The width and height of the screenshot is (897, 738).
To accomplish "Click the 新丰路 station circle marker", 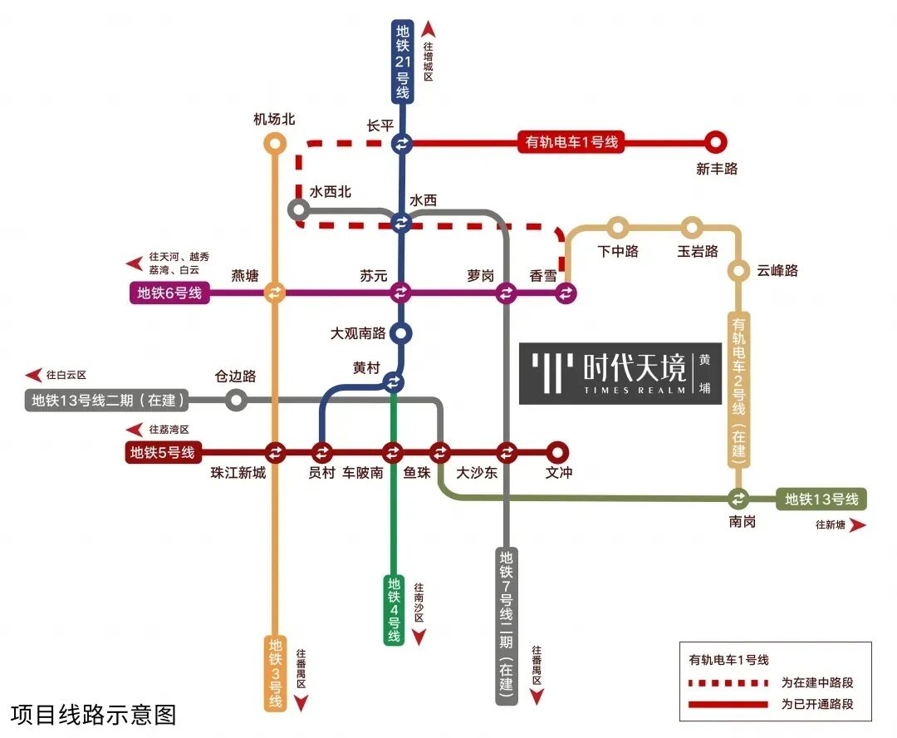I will point(715,142).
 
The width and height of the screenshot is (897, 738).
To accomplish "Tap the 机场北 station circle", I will point(275,144).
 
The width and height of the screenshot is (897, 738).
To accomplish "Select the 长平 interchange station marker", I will point(401,144).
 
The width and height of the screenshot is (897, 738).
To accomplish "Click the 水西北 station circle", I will point(298,209).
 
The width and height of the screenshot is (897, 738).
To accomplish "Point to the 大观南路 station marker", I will point(401,333).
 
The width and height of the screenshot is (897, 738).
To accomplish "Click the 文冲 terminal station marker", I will point(558,452).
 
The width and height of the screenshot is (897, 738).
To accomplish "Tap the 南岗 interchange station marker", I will point(738,499).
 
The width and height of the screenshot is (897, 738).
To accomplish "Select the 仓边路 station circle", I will point(237,401).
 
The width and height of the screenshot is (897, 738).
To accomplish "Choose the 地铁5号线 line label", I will point(162,453).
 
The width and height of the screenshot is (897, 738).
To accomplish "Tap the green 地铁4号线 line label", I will point(394,609).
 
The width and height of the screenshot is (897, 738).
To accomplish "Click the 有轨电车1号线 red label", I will point(571,142).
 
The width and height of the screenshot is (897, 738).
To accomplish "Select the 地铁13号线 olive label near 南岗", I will point(821,499).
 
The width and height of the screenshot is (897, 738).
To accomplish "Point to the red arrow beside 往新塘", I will point(857,524).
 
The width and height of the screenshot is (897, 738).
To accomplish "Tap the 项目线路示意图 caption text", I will point(94,714).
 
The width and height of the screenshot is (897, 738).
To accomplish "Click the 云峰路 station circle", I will point(738,270).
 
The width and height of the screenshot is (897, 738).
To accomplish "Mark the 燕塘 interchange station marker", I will point(275,293).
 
